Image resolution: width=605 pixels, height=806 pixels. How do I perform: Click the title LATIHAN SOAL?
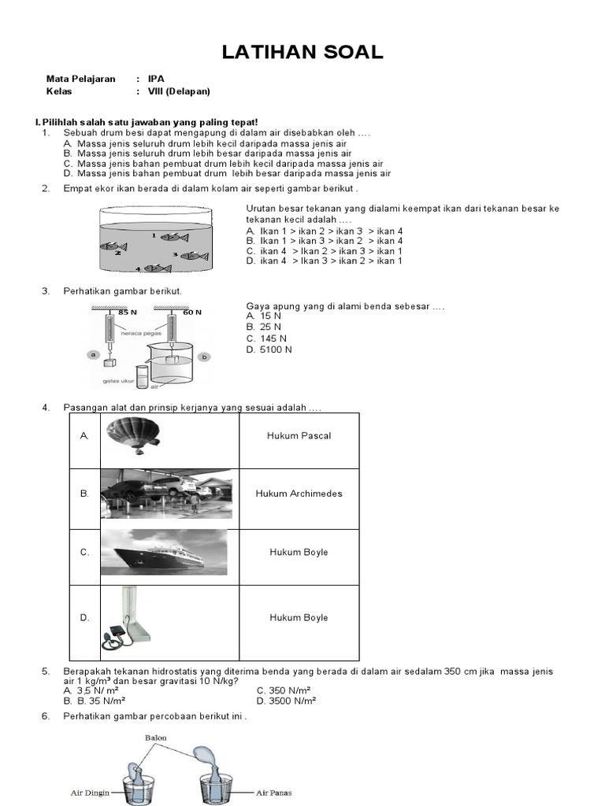302,53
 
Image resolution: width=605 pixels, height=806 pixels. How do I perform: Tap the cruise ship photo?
164,553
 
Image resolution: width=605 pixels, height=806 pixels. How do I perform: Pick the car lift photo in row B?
166,494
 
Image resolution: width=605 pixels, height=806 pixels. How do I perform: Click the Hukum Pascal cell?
299,436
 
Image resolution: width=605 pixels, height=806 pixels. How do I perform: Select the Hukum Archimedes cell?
299,494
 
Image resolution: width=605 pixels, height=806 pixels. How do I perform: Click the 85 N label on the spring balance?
128,312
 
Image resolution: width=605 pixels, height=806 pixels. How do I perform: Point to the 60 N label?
192,312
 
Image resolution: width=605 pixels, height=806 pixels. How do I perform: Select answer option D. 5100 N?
269,349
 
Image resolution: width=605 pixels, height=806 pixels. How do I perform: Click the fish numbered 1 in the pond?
167,235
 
